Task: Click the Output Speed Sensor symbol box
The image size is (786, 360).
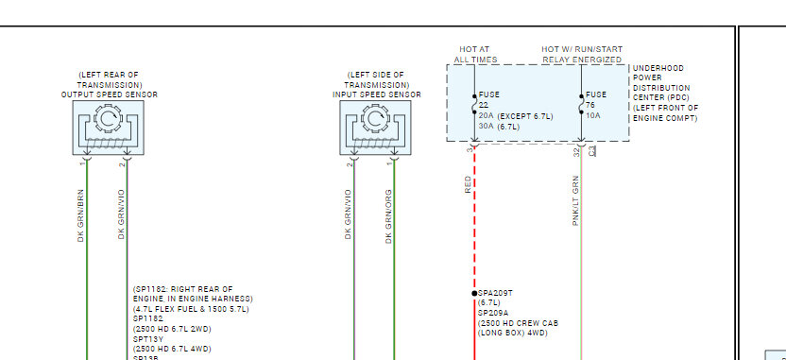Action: pyautogui.click(x=109, y=128)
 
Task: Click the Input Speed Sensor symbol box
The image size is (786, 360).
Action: pyautogui.click(x=375, y=128)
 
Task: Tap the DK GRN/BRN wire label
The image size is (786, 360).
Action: pyautogui.click(x=80, y=215)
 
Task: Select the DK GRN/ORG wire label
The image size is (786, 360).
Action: pyautogui.click(x=388, y=216)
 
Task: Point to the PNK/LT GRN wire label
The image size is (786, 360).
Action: pyautogui.click(x=575, y=200)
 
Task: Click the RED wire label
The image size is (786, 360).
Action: pyautogui.click(x=469, y=184)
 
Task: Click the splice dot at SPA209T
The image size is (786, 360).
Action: pyautogui.click(x=474, y=293)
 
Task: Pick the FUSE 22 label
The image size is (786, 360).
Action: pyautogui.click(x=489, y=100)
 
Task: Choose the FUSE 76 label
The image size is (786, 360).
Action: pyautogui.click(x=596, y=100)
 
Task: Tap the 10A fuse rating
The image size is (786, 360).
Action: pyautogui.click(x=593, y=116)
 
